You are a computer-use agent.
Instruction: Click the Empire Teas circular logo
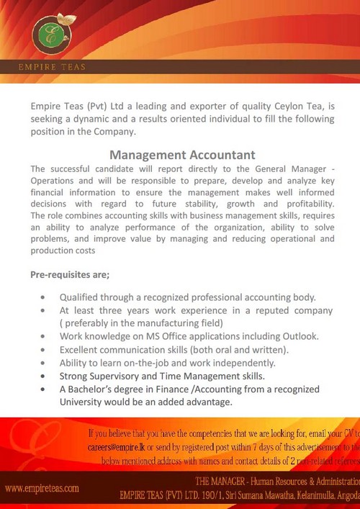point(49,33)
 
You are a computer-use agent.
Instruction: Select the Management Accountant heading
point(182,154)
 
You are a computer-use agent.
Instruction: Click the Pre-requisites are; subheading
point(71,276)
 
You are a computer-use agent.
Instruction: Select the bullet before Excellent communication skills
point(45,350)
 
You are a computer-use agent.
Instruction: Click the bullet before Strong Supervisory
point(45,376)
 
